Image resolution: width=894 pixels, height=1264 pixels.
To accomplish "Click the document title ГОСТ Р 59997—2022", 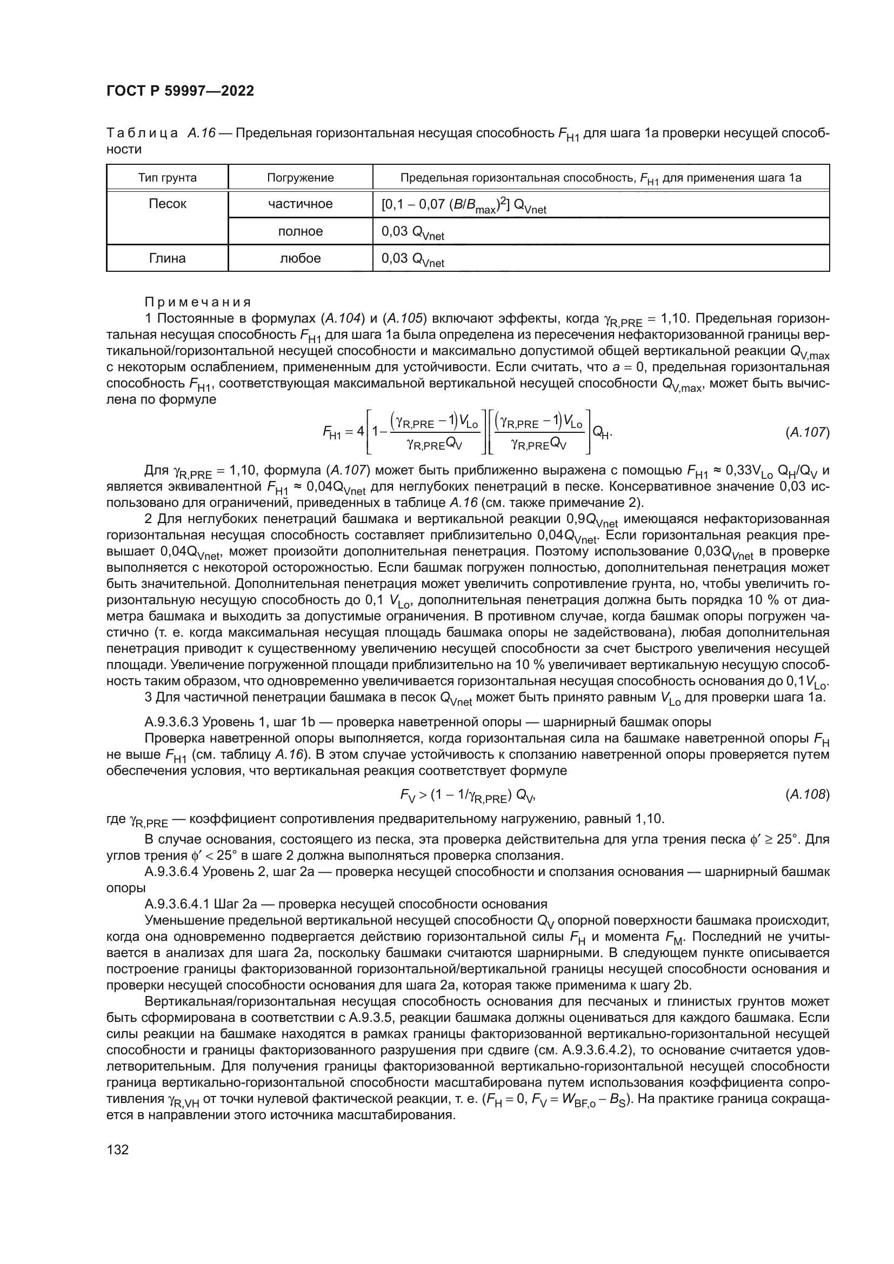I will point(180,91).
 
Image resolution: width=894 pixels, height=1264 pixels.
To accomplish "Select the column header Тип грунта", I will point(168,178).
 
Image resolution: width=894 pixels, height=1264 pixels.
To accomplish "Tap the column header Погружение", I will point(300,178).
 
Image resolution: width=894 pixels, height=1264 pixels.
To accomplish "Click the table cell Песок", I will point(168,204).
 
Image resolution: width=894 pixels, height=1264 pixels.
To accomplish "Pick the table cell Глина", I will point(168,258).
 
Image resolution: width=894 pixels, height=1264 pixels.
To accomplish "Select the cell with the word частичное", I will point(300,204).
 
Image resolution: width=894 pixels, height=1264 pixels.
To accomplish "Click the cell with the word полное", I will point(300,231).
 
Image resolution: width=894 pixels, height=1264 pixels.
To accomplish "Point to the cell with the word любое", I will point(300,258).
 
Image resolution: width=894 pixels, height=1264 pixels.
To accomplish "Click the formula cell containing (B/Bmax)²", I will point(464,205).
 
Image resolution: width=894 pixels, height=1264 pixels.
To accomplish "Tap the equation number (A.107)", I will point(807,432).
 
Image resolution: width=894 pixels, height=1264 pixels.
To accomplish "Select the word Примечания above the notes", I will point(197,302).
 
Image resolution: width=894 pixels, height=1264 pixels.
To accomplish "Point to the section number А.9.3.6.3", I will point(171,722).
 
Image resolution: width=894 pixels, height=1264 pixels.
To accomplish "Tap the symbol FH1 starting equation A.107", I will point(332,433).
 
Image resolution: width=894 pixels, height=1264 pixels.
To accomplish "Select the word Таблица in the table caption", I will point(142,133).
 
